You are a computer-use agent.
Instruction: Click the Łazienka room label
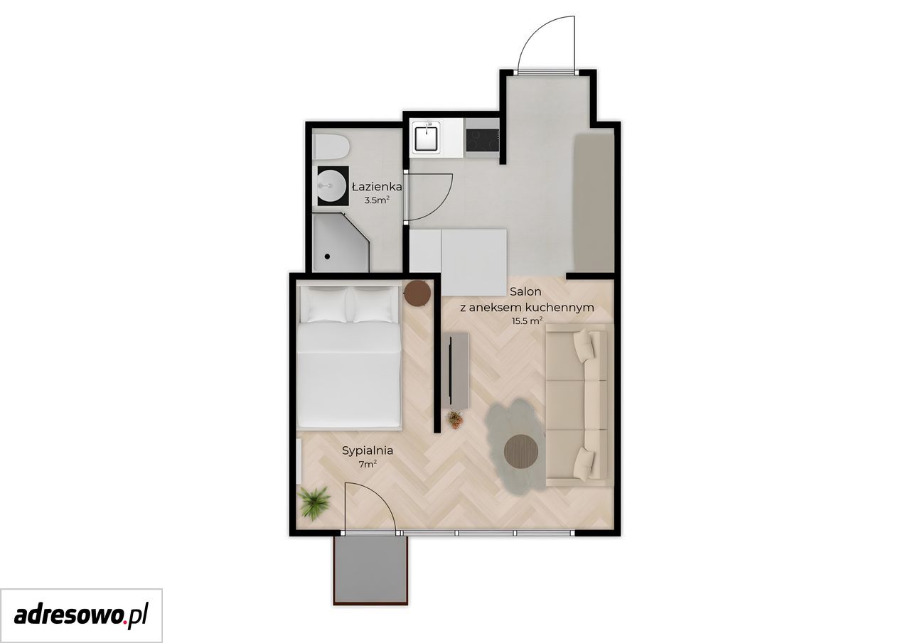click(x=377, y=187)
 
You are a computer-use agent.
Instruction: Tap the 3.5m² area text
click(x=377, y=200)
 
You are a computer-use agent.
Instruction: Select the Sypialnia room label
click(x=368, y=451)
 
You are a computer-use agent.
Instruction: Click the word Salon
click(x=525, y=291)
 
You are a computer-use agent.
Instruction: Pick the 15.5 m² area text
click(x=527, y=321)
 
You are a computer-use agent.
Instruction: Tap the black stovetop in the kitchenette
click(x=482, y=140)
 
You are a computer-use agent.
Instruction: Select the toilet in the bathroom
click(x=331, y=147)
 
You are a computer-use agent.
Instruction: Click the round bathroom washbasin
click(x=331, y=186)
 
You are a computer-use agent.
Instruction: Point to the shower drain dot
click(x=327, y=256)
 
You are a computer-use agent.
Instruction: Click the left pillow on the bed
click(x=326, y=305)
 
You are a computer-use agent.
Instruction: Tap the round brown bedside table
click(x=417, y=293)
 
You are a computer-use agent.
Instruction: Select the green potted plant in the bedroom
click(x=314, y=503)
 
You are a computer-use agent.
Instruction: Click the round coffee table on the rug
click(x=521, y=451)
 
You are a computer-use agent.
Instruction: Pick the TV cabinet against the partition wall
click(x=455, y=370)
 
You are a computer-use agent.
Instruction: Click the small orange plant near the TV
click(x=454, y=419)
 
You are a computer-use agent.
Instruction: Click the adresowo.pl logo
click(x=81, y=615)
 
